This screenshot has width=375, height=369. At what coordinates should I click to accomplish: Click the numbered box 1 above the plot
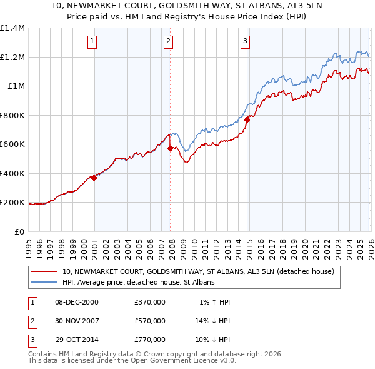tap(92, 42)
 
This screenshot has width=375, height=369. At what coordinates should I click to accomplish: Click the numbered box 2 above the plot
tap(169, 42)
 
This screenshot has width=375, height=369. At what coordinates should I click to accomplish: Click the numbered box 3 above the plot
tap(245, 42)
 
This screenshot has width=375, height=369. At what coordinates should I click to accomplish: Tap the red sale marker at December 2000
tap(94, 178)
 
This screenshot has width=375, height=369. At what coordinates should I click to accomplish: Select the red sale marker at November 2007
tap(171, 148)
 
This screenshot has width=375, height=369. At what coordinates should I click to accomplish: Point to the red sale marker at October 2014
tap(247, 119)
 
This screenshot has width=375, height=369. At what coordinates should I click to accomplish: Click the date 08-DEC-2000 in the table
tap(77, 302)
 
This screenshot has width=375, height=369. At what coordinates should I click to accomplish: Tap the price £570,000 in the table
tap(149, 321)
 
